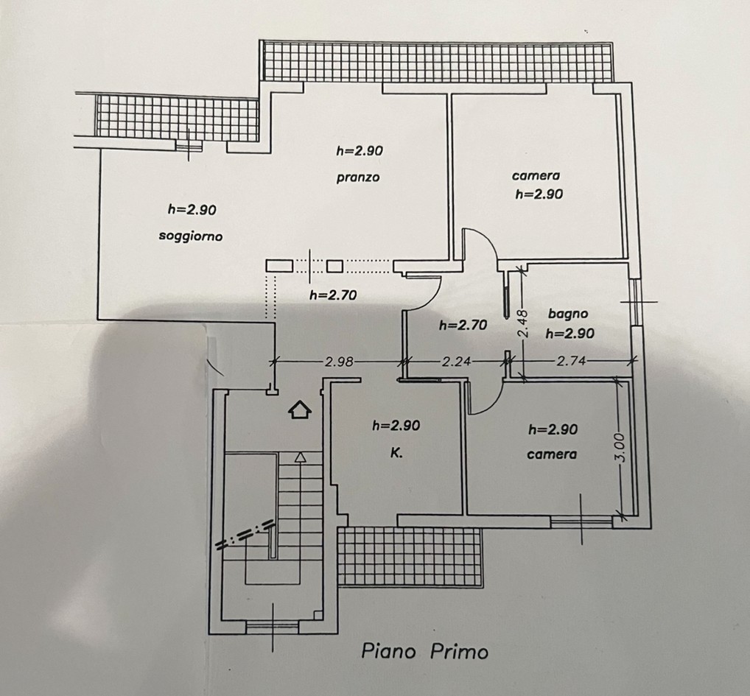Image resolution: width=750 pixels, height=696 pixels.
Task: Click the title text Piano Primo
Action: point(425,651)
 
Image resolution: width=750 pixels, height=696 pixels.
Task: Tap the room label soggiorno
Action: point(190,236)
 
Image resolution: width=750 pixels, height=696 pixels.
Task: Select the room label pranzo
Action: point(358,177)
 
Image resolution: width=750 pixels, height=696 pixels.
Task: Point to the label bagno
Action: point(568,314)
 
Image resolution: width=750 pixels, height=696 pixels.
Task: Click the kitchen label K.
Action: point(396,453)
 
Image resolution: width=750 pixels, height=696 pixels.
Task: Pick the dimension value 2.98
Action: point(339,362)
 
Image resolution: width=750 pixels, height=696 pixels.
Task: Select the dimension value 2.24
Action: point(456,362)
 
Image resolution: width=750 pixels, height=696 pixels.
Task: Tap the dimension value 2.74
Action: point(571,361)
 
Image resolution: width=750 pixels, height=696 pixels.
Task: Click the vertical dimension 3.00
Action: point(620,447)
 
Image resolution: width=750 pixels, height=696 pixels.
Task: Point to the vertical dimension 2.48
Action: point(523,323)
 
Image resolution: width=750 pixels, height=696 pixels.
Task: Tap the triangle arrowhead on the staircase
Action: point(300,457)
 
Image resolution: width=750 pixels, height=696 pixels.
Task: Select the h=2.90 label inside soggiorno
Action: point(192,209)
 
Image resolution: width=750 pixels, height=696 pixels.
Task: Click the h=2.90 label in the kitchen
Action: point(396,425)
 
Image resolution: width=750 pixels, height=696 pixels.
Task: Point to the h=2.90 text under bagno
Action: point(569,333)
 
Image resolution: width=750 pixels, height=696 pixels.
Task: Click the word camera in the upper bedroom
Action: point(536,176)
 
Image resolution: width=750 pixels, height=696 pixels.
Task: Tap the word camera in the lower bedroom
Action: point(552,454)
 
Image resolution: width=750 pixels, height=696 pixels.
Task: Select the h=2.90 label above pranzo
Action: point(360,151)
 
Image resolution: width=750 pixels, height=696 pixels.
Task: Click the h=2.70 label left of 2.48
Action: point(463,325)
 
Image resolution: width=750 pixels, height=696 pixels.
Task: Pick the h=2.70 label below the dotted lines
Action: point(333,295)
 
